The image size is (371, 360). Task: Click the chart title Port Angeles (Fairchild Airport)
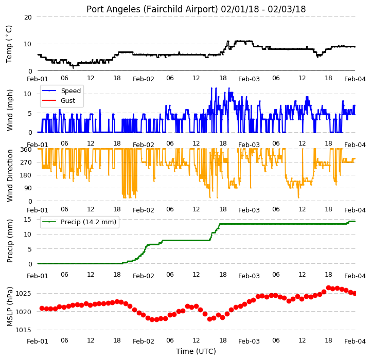click(x=152, y=9)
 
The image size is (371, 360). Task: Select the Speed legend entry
click(x=61, y=91)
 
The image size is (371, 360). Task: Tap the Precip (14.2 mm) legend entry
click(x=79, y=222)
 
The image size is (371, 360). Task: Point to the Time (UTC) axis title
click(x=196, y=351)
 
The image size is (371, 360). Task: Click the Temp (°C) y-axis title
click(x=9, y=44)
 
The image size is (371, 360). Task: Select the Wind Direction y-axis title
click(x=10, y=175)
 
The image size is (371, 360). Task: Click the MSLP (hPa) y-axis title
click(x=10, y=307)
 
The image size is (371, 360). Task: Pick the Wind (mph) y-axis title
click(x=10, y=110)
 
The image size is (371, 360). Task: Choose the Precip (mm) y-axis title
click(x=10, y=241)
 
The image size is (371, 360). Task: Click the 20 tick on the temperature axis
click(x=28, y=17)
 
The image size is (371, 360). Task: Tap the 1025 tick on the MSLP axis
click(x=24, y=294)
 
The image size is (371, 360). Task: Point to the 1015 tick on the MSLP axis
click(x=24, y=330)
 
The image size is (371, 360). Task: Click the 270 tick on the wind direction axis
click(x=26, y=163)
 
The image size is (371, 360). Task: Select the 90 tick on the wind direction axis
click(x=28, y=188)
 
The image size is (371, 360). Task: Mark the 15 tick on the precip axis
click(x=28, y=220)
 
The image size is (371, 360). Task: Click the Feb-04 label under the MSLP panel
click(x=355, y=341)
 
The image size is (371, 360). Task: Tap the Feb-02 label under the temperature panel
click(x=144, y=79)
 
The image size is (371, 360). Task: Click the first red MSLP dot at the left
click(x=42, y=308)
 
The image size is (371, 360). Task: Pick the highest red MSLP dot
click(x=328, y=288)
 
